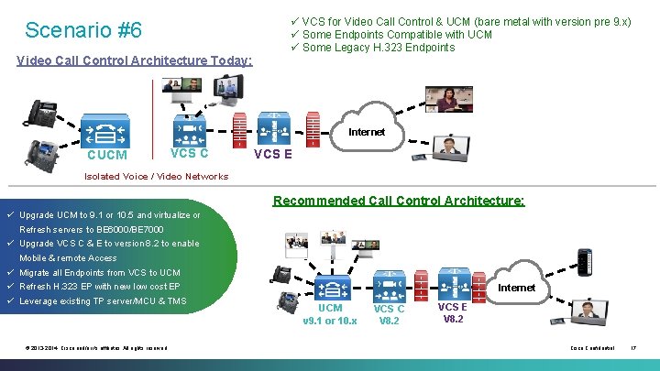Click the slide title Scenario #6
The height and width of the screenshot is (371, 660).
[x=83, y=30]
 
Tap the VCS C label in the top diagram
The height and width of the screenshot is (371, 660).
[x=190, y=153]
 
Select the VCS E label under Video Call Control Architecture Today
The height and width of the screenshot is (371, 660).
[x=272, y=154]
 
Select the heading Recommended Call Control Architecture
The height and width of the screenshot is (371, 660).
[x=399, y=200]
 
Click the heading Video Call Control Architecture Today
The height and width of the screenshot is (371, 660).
[x=135, y=60]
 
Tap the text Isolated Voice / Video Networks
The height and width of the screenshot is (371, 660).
[x=156, y=176]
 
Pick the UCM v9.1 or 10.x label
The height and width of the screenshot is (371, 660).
[x=329, y=314]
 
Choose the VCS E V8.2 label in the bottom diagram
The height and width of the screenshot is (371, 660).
[x=453, y=313]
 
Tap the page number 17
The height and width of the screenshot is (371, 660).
[x=632, y=348]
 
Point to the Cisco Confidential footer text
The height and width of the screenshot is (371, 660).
[x=590, y=348]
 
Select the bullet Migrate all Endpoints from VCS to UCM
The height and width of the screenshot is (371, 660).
[x=99, y=273]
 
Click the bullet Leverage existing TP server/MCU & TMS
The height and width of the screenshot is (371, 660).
[x=102, y=301]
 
